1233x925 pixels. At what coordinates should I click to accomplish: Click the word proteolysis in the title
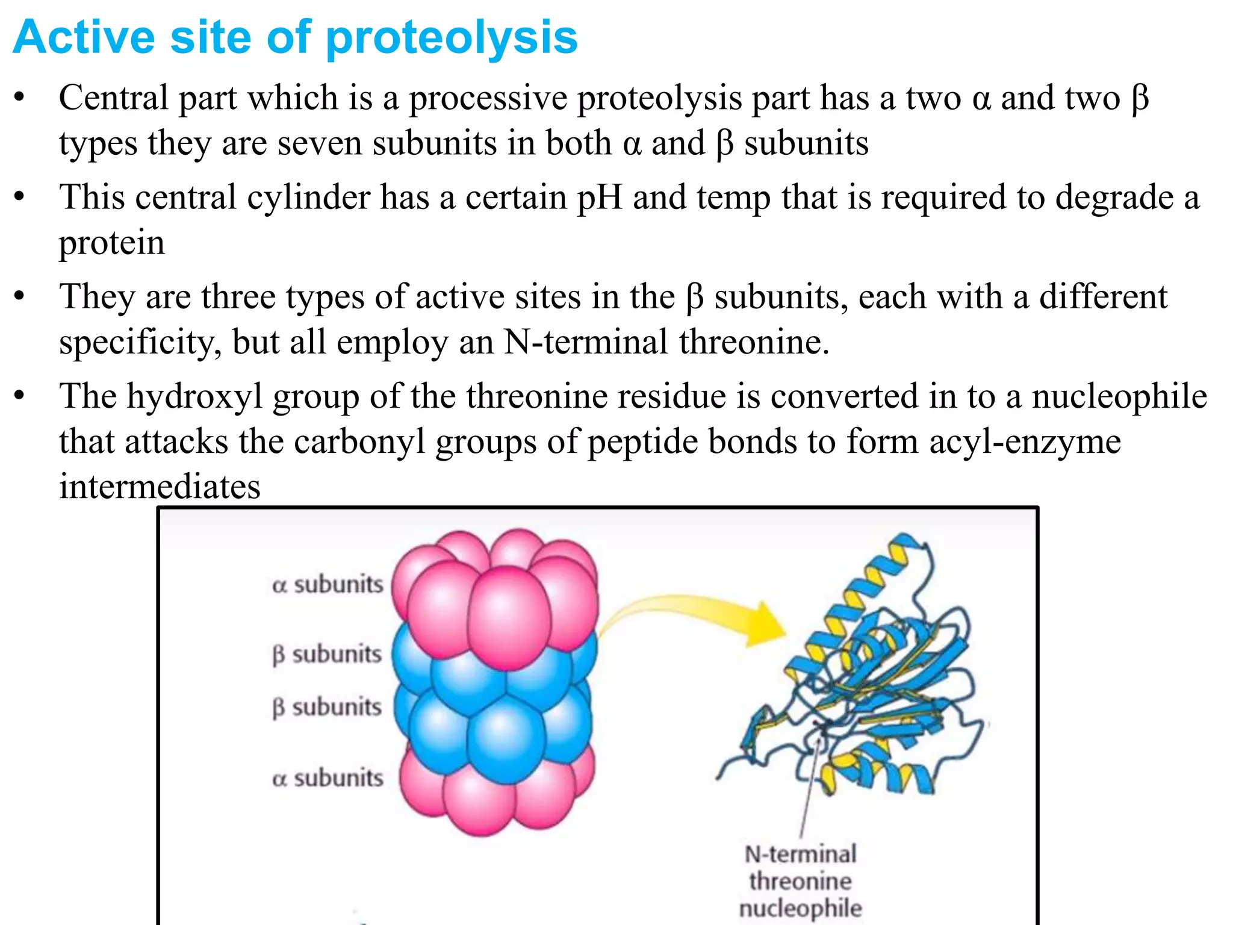click(x=452, y=37)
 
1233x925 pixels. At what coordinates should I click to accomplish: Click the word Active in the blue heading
click(x=84, y=37)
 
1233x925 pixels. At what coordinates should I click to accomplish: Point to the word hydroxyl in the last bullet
click(x=194, y=396)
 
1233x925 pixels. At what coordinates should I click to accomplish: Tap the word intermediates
click(x=160, y=487)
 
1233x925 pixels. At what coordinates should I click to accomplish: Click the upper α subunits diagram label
click(x=328, y=584)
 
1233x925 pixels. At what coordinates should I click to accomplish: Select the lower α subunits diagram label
click(x=328, y=777)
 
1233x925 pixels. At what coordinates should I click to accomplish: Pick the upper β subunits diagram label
click(x=327, y=654)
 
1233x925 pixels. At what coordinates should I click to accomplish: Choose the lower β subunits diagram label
click(x=327, y=707)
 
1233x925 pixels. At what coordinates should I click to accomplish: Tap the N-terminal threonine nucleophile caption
click(x=801, y=880)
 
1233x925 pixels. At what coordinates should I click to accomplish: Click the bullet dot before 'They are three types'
click(x=20, y=296)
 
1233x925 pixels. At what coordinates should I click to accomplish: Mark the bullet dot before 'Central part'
click(x=20, y=98)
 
